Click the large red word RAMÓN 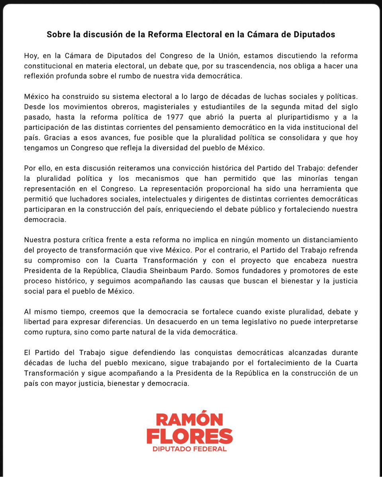point(189,420)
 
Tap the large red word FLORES point(190,436)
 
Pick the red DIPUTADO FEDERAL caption point(190,449)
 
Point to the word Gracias point(56,138)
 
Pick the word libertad point(37,322)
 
